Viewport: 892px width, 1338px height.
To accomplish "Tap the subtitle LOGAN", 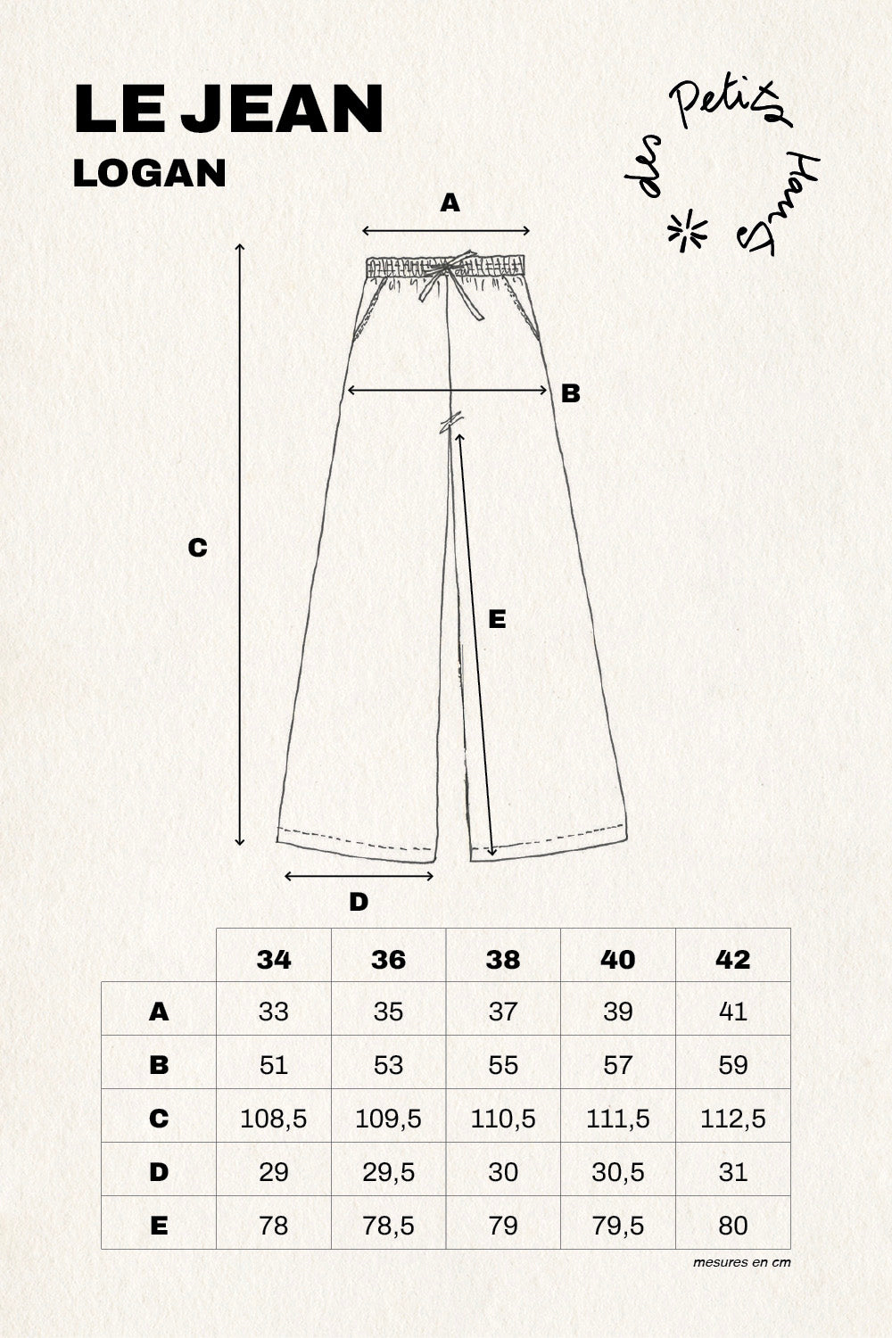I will pos(149,173).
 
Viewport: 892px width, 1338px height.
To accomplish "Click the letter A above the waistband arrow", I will pos(450,204).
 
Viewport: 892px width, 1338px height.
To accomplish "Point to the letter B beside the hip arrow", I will pos(570,393).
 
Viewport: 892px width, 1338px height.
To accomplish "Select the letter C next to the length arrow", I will pos(197,548).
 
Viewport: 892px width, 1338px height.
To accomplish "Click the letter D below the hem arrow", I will pos(358,902).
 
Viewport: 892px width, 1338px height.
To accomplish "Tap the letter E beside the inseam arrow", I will pos(498,619).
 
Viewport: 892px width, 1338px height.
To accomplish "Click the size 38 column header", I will pos(503,959).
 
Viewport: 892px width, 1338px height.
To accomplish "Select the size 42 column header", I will pos(732,959).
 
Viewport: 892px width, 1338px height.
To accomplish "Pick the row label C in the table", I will pos(159,1119).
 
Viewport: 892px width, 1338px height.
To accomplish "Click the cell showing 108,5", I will pos(273,1119).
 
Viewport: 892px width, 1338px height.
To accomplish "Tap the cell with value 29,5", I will pos(388,1172).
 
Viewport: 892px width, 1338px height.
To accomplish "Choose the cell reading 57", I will pos(617,1065).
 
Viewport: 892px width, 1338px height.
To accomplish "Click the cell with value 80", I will pos(732,1226).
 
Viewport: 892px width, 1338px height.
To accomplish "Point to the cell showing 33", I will pos(273,1012).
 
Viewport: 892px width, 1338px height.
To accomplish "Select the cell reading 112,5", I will pos(732,1119).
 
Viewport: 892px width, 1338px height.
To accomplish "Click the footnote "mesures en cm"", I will pos(741,1262).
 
